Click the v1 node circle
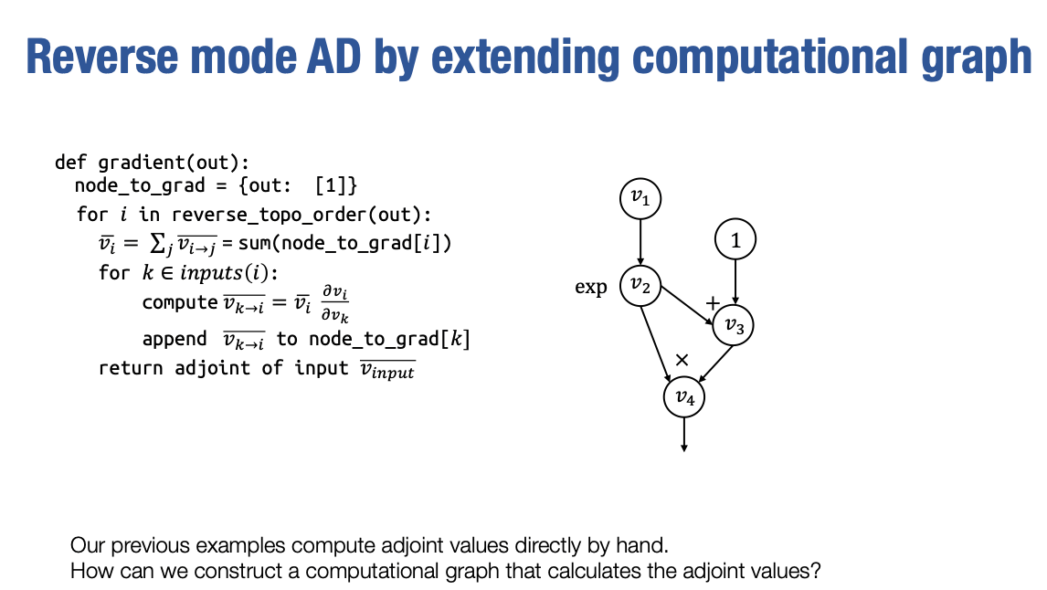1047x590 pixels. point(640,198)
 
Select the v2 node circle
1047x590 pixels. point(640,287)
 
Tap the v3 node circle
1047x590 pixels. point(735,324)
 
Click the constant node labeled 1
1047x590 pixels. point(735,241)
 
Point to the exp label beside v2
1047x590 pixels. point(591,288)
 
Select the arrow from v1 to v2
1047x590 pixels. point(640,242)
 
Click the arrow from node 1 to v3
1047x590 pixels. point(735,282)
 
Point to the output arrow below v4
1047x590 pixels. point(683,435)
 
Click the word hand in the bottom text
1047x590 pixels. point(647,547)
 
